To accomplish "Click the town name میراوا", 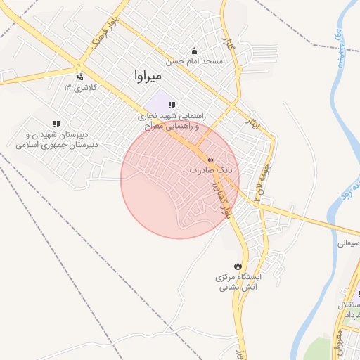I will [x=148, y=74].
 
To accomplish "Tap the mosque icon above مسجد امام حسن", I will [x=195, y=51].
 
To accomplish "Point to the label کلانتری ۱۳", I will [x=78, y=87].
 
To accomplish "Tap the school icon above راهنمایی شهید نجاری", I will [x=172, y=105].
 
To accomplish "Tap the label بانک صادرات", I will [x=215, y=171].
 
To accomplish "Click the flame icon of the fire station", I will [x=238, y=266].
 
